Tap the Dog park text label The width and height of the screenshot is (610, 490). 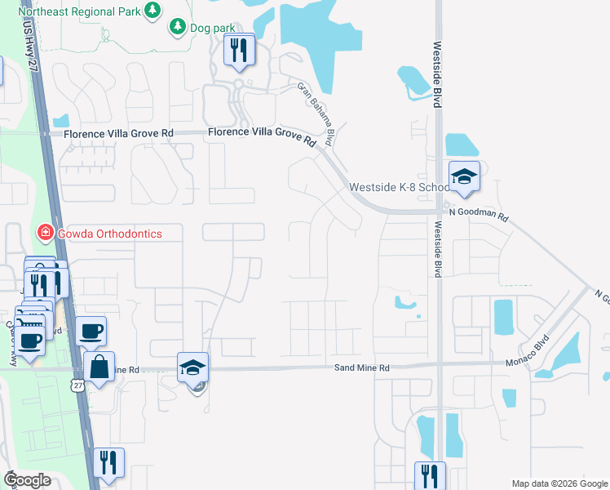click(x=211, y=28)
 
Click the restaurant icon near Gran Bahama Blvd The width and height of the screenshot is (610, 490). click(x=239, y=51)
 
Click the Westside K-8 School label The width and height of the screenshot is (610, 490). click(x=399, y=188)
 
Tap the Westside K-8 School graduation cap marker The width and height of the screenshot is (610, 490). click(x=464, y=176)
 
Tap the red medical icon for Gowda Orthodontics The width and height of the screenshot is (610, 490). click(x=46, y=234)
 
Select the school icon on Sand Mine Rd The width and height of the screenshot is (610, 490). click(x=192, y=367)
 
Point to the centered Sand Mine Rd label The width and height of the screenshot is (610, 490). click(x=362, y=368)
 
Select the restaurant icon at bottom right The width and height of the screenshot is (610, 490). click(x=429, y=476)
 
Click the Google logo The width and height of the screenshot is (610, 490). click(x=27, y=480)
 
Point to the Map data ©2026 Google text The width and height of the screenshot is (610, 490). click(x=559, y=483)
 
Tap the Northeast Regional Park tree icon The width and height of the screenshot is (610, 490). click(x=152, y=10)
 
